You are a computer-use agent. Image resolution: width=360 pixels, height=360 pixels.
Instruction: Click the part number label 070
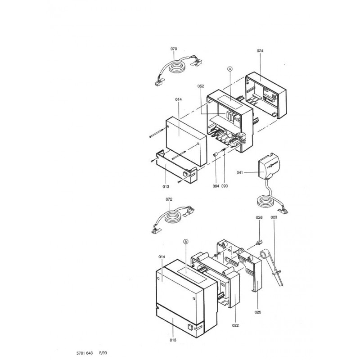coord(174,49)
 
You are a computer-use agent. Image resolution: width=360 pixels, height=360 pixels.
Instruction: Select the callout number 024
coord(260,51)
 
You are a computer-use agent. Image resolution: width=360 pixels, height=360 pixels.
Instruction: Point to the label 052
coord(202,85)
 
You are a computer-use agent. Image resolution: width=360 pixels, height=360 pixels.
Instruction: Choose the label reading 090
coord(225,186)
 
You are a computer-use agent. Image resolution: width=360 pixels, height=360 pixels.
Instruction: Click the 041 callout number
coord(240,172)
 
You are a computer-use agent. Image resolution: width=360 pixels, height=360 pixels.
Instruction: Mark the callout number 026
coord(259,218)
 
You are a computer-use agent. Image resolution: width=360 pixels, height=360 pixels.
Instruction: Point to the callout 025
coord(258,312)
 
